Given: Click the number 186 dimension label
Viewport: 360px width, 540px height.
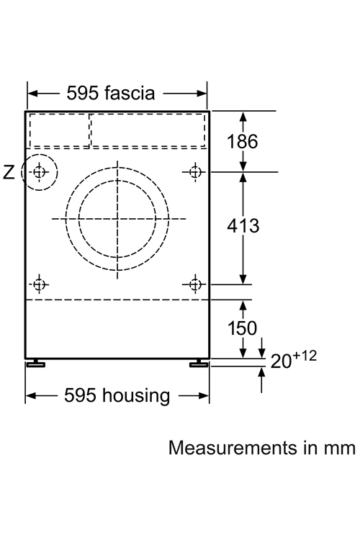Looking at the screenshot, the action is point(242,142).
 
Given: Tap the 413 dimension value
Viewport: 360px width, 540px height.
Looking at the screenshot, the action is point(243,226).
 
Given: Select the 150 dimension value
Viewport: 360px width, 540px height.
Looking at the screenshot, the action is point(242,328).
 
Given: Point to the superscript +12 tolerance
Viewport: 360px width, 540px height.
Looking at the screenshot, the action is point(305,356).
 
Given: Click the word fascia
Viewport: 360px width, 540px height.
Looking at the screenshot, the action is point(130,93).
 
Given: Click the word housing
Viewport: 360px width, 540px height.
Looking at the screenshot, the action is point(136,396).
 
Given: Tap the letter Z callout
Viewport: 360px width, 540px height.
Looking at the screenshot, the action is point(9,172).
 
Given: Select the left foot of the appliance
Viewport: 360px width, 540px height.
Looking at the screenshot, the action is point(35,363).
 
